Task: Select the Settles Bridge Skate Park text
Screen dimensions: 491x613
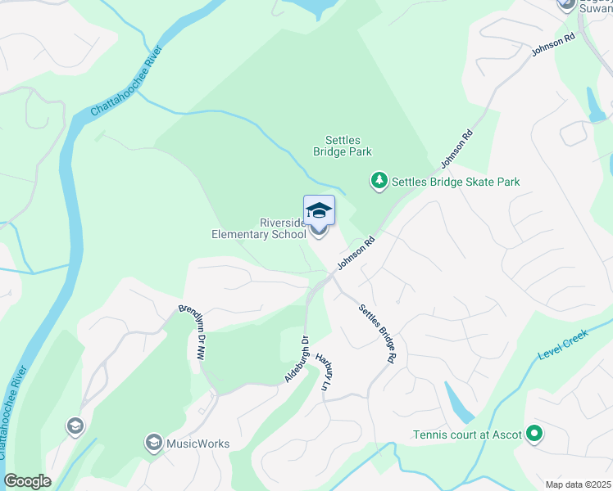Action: tap(456, 182)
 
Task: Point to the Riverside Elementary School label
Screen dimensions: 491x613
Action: tap(259, 228)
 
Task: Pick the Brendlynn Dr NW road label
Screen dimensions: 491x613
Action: tap(192, 333)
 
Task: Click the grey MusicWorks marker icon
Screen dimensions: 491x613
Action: tap(152, 444)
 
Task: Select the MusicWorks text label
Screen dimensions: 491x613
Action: tap(198, 444)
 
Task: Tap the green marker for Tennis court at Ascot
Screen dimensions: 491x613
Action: tap(534, 434)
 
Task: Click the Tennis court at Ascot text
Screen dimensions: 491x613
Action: tap(467, 435)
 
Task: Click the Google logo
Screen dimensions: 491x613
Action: tap(27, 481)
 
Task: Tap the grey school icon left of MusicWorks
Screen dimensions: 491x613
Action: tap(75, 426)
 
